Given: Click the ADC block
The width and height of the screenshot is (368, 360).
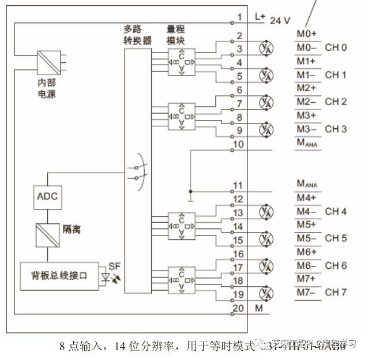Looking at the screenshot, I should [x=47, y=196].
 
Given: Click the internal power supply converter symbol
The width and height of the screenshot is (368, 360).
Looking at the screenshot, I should [x=47, y=60].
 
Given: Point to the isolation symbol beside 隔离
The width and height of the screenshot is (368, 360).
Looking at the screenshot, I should [x=47, y=234].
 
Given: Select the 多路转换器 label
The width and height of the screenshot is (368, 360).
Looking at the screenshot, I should [x=138, y=35].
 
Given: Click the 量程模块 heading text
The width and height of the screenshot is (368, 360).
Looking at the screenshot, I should [x=175, y=35].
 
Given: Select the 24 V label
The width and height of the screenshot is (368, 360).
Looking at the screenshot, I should [x=280, y=20].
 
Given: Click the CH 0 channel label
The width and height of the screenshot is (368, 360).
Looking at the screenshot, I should [x=336, y=47].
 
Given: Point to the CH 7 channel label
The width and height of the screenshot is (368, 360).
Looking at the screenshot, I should [x=336, y=292].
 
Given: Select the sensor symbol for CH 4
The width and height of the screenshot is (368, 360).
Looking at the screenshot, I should [x=265, y=211].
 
